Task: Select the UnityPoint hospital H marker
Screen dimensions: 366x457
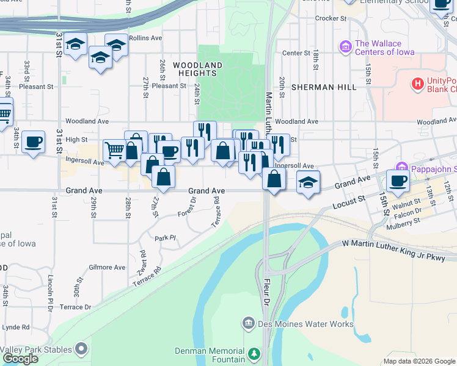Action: [x=419, y=84]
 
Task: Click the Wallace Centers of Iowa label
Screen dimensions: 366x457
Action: [x=384, y=48]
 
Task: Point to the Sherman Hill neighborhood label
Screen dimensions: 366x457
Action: [x=324, y=87]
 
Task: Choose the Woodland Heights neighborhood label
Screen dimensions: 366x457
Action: [x=197, y=69]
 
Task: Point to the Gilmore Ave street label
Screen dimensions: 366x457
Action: [x=107, y=267]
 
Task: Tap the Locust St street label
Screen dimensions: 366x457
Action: [x=349, y=203]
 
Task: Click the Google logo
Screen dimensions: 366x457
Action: [x=20, y=358]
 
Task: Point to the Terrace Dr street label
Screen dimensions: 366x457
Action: [x=76, y=307]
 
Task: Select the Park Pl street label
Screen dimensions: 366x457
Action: [x=165, y=238]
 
